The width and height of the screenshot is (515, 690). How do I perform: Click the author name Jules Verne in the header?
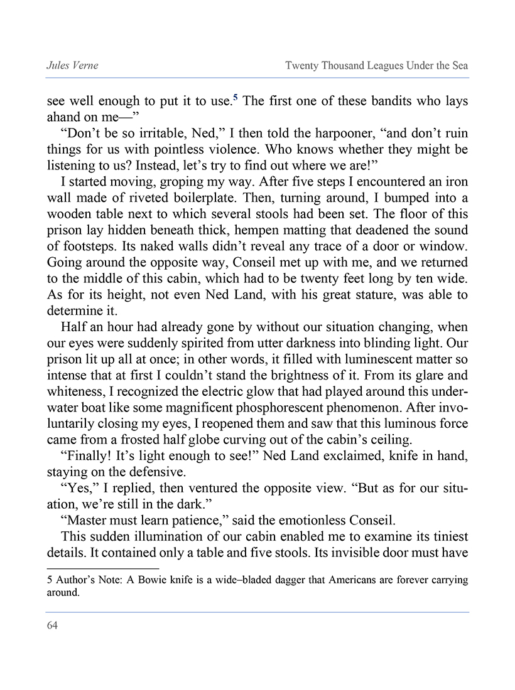tap(72, 65)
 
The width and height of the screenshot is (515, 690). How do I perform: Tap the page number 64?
tap(52, 625)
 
